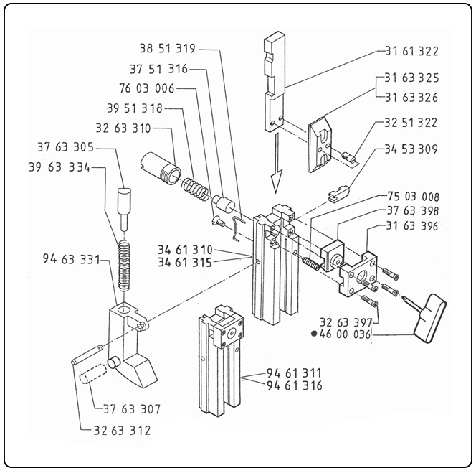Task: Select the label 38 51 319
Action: coord(168,50)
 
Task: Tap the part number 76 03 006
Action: coord(147,88)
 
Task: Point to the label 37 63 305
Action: coord(65,148)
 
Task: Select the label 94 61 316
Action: coord(294,385)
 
